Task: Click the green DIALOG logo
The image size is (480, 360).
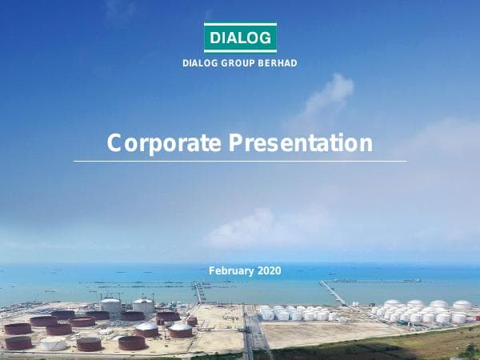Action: tap(240, 37)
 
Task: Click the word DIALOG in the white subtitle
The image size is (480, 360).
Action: tap(200, 63)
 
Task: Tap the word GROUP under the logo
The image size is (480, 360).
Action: tap(239, 63)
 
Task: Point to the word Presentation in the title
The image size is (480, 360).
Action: tap(301, 143)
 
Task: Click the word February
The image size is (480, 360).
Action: tap(230, 271)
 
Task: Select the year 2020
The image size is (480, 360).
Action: tap(270, 271)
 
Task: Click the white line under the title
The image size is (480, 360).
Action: tap(240, 161)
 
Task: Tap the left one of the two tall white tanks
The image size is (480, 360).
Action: tap(110, 305)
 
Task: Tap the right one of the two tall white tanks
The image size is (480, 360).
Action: tap(143, 305)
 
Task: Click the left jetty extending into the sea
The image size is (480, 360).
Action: tap(198, 291)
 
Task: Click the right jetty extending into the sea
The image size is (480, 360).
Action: tap(333, 293)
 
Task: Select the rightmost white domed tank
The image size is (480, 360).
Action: tap(462, 305)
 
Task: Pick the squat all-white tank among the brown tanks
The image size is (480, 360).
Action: tap(54, 343)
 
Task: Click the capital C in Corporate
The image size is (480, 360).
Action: tap(114, 143)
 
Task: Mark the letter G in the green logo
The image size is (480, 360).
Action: tap(267, 37)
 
